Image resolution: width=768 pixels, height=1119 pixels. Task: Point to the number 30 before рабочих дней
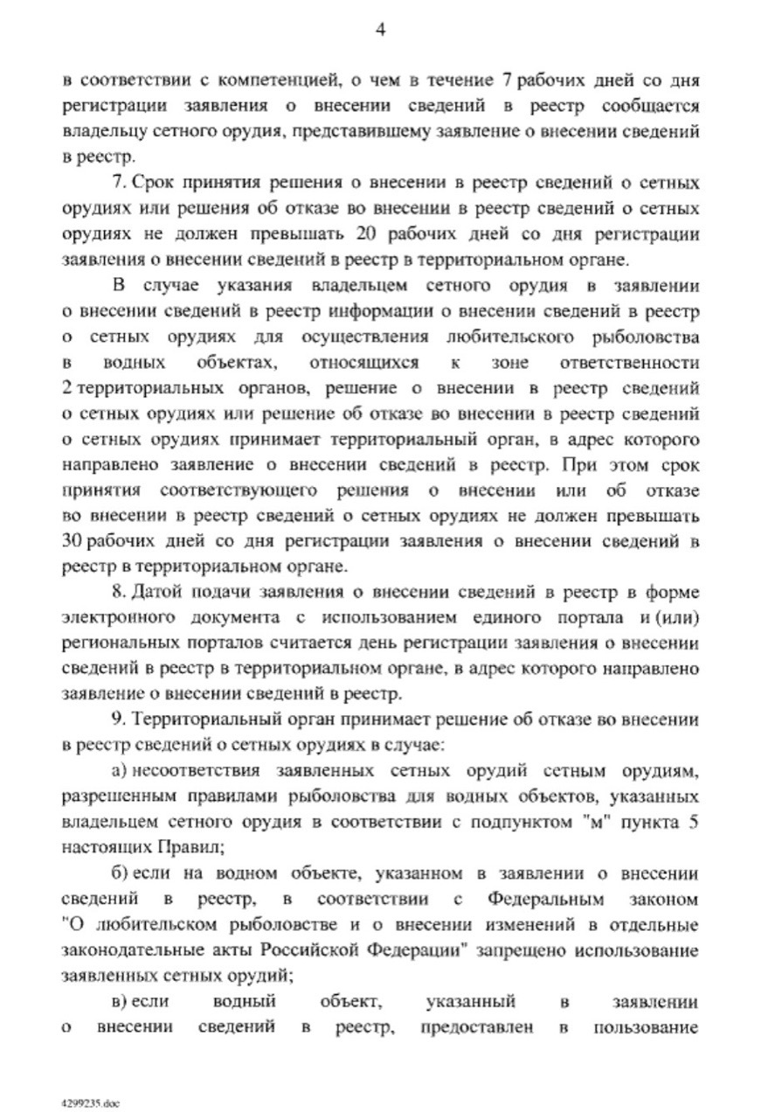click(x=73, y=540)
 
